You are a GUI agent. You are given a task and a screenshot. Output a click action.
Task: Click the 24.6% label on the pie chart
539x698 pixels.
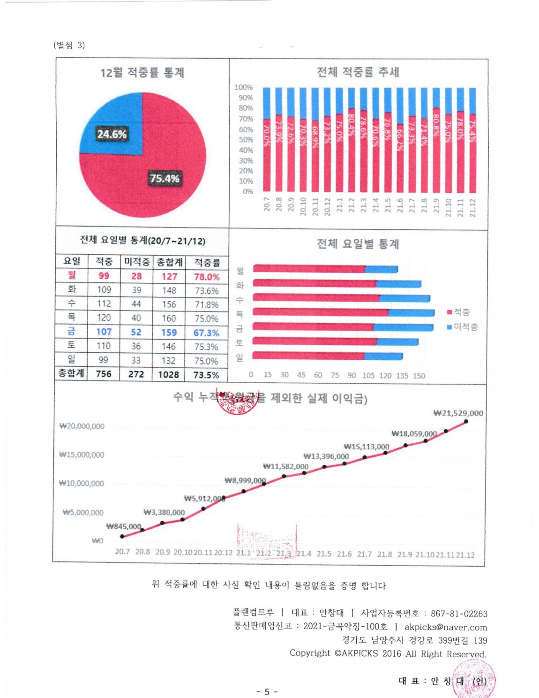click(x=112, y=134)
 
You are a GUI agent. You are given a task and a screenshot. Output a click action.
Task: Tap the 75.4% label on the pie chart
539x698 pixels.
click(x=165, y=178)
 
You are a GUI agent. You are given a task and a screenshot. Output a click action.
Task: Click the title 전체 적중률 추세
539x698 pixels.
click(x=358, y=72)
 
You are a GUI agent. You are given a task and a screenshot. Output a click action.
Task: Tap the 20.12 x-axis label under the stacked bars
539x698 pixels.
click(x=327, y=206)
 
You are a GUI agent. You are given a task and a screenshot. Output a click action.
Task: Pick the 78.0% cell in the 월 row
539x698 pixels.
click(x=207, y=277)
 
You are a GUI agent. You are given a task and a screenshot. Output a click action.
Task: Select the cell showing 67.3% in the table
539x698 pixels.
click(x=206, y=333)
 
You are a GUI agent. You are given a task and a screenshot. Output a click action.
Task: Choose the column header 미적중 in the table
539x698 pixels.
click(x=136, y=262)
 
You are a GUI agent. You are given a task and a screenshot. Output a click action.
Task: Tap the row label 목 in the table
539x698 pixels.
click(x=71, y=318)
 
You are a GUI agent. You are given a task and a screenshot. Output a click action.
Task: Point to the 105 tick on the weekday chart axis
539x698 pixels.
click(x=368, y=375)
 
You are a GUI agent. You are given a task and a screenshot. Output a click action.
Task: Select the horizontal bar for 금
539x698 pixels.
click(x=342, y=326)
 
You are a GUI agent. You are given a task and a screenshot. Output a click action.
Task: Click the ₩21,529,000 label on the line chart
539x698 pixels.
click(x=458, y=413)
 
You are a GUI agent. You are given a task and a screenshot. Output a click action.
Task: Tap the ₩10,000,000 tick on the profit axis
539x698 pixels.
click(x=82, y=484)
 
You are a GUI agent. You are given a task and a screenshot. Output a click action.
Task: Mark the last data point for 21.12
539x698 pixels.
click(x=466, y=421)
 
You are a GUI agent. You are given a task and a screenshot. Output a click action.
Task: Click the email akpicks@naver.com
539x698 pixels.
click(x=446, y=627)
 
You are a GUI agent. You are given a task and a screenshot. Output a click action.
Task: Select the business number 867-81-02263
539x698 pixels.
click(x=459, y=614)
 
